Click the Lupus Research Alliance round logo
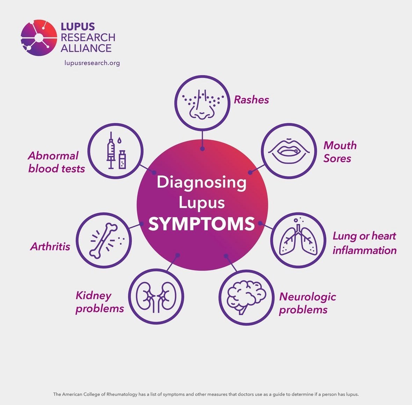coord(39,38)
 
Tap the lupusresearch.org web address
coord(92,63)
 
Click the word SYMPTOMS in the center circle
coord(202,224)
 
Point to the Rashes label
coord(251,100)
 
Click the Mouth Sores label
coord(339,152)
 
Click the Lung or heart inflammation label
coord(364,243)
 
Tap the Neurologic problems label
coord(307,303)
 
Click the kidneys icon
coord(156,297)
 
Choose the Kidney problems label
coord(100,302)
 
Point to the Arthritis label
coord(50,247)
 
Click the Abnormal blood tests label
coord(56,162)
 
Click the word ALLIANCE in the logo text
coord(86,48)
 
